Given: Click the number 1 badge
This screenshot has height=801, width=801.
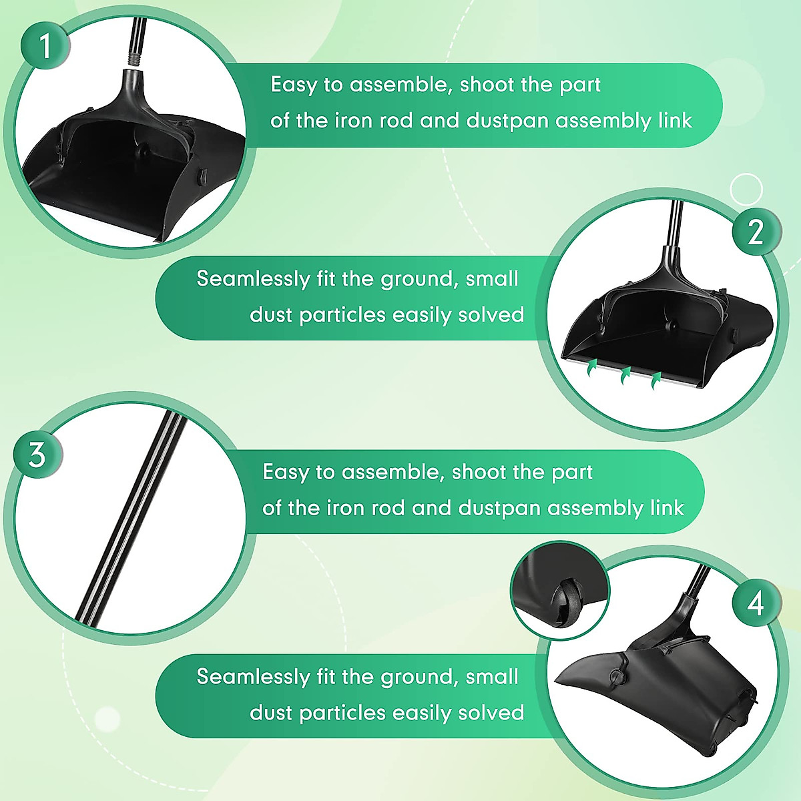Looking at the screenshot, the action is [x=44, y=46].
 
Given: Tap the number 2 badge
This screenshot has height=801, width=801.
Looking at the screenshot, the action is [x=756, y=232].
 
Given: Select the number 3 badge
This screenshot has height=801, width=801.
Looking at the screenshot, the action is [x=37, y=455].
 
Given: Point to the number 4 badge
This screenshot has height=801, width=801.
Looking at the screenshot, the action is [x=755, y=603].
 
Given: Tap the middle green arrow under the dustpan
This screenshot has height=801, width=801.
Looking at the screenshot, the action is [x=625, y=375].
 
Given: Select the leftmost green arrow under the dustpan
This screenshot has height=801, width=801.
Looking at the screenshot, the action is [x=591, y=368].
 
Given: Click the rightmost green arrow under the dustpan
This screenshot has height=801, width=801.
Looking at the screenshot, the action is [x=657, y=380].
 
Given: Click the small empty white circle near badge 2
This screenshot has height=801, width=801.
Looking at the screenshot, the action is [x=746, y=190].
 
